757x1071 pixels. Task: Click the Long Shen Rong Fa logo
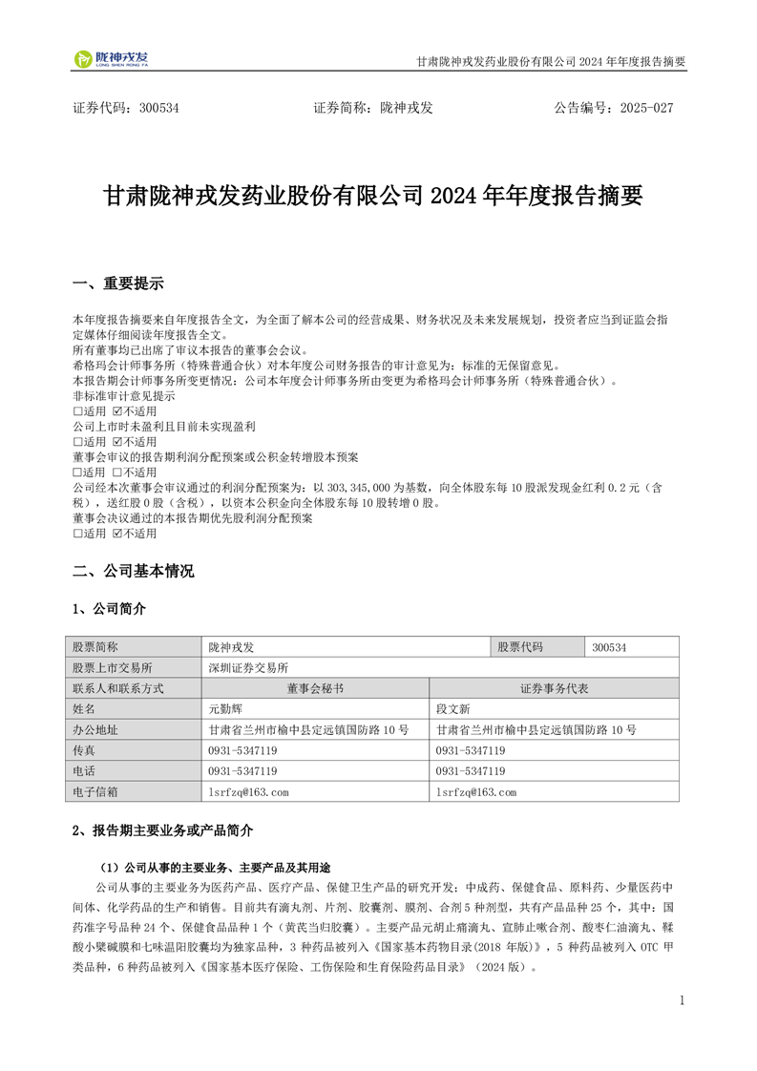111,59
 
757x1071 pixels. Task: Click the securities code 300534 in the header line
158,108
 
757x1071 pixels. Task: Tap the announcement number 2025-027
646,108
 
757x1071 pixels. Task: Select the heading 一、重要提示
118,283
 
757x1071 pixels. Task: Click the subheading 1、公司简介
110,608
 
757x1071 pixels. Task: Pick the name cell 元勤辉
226,709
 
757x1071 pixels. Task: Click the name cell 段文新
453,709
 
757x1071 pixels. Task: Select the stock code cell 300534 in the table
609,647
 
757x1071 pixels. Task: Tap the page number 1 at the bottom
682,999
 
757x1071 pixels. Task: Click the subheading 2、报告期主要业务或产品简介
163,830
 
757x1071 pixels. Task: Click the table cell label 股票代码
520,647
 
